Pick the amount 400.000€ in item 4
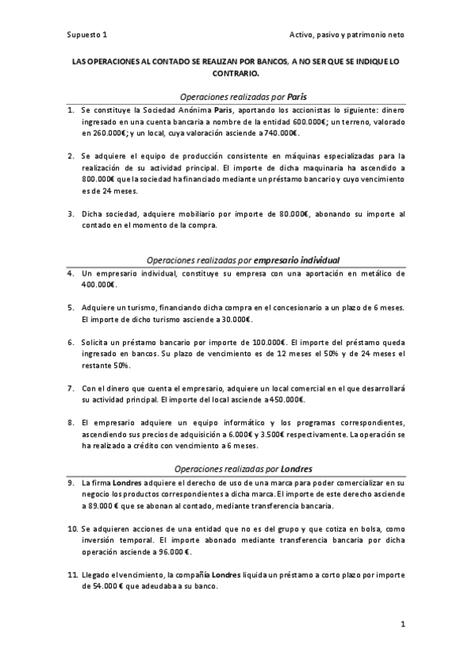(x=98, y=285)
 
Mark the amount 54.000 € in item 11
(x=100, y=587)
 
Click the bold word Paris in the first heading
(x=296, y=95)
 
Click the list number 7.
(x=70, y=388)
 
